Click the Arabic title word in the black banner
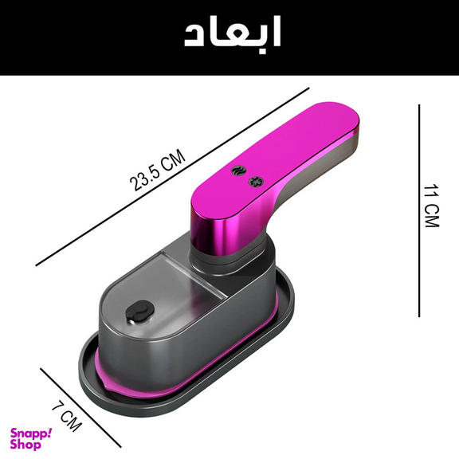click(x=232, y=35)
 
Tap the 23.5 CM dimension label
click(x=159, y=172)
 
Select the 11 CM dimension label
click(x=431, y=207)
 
